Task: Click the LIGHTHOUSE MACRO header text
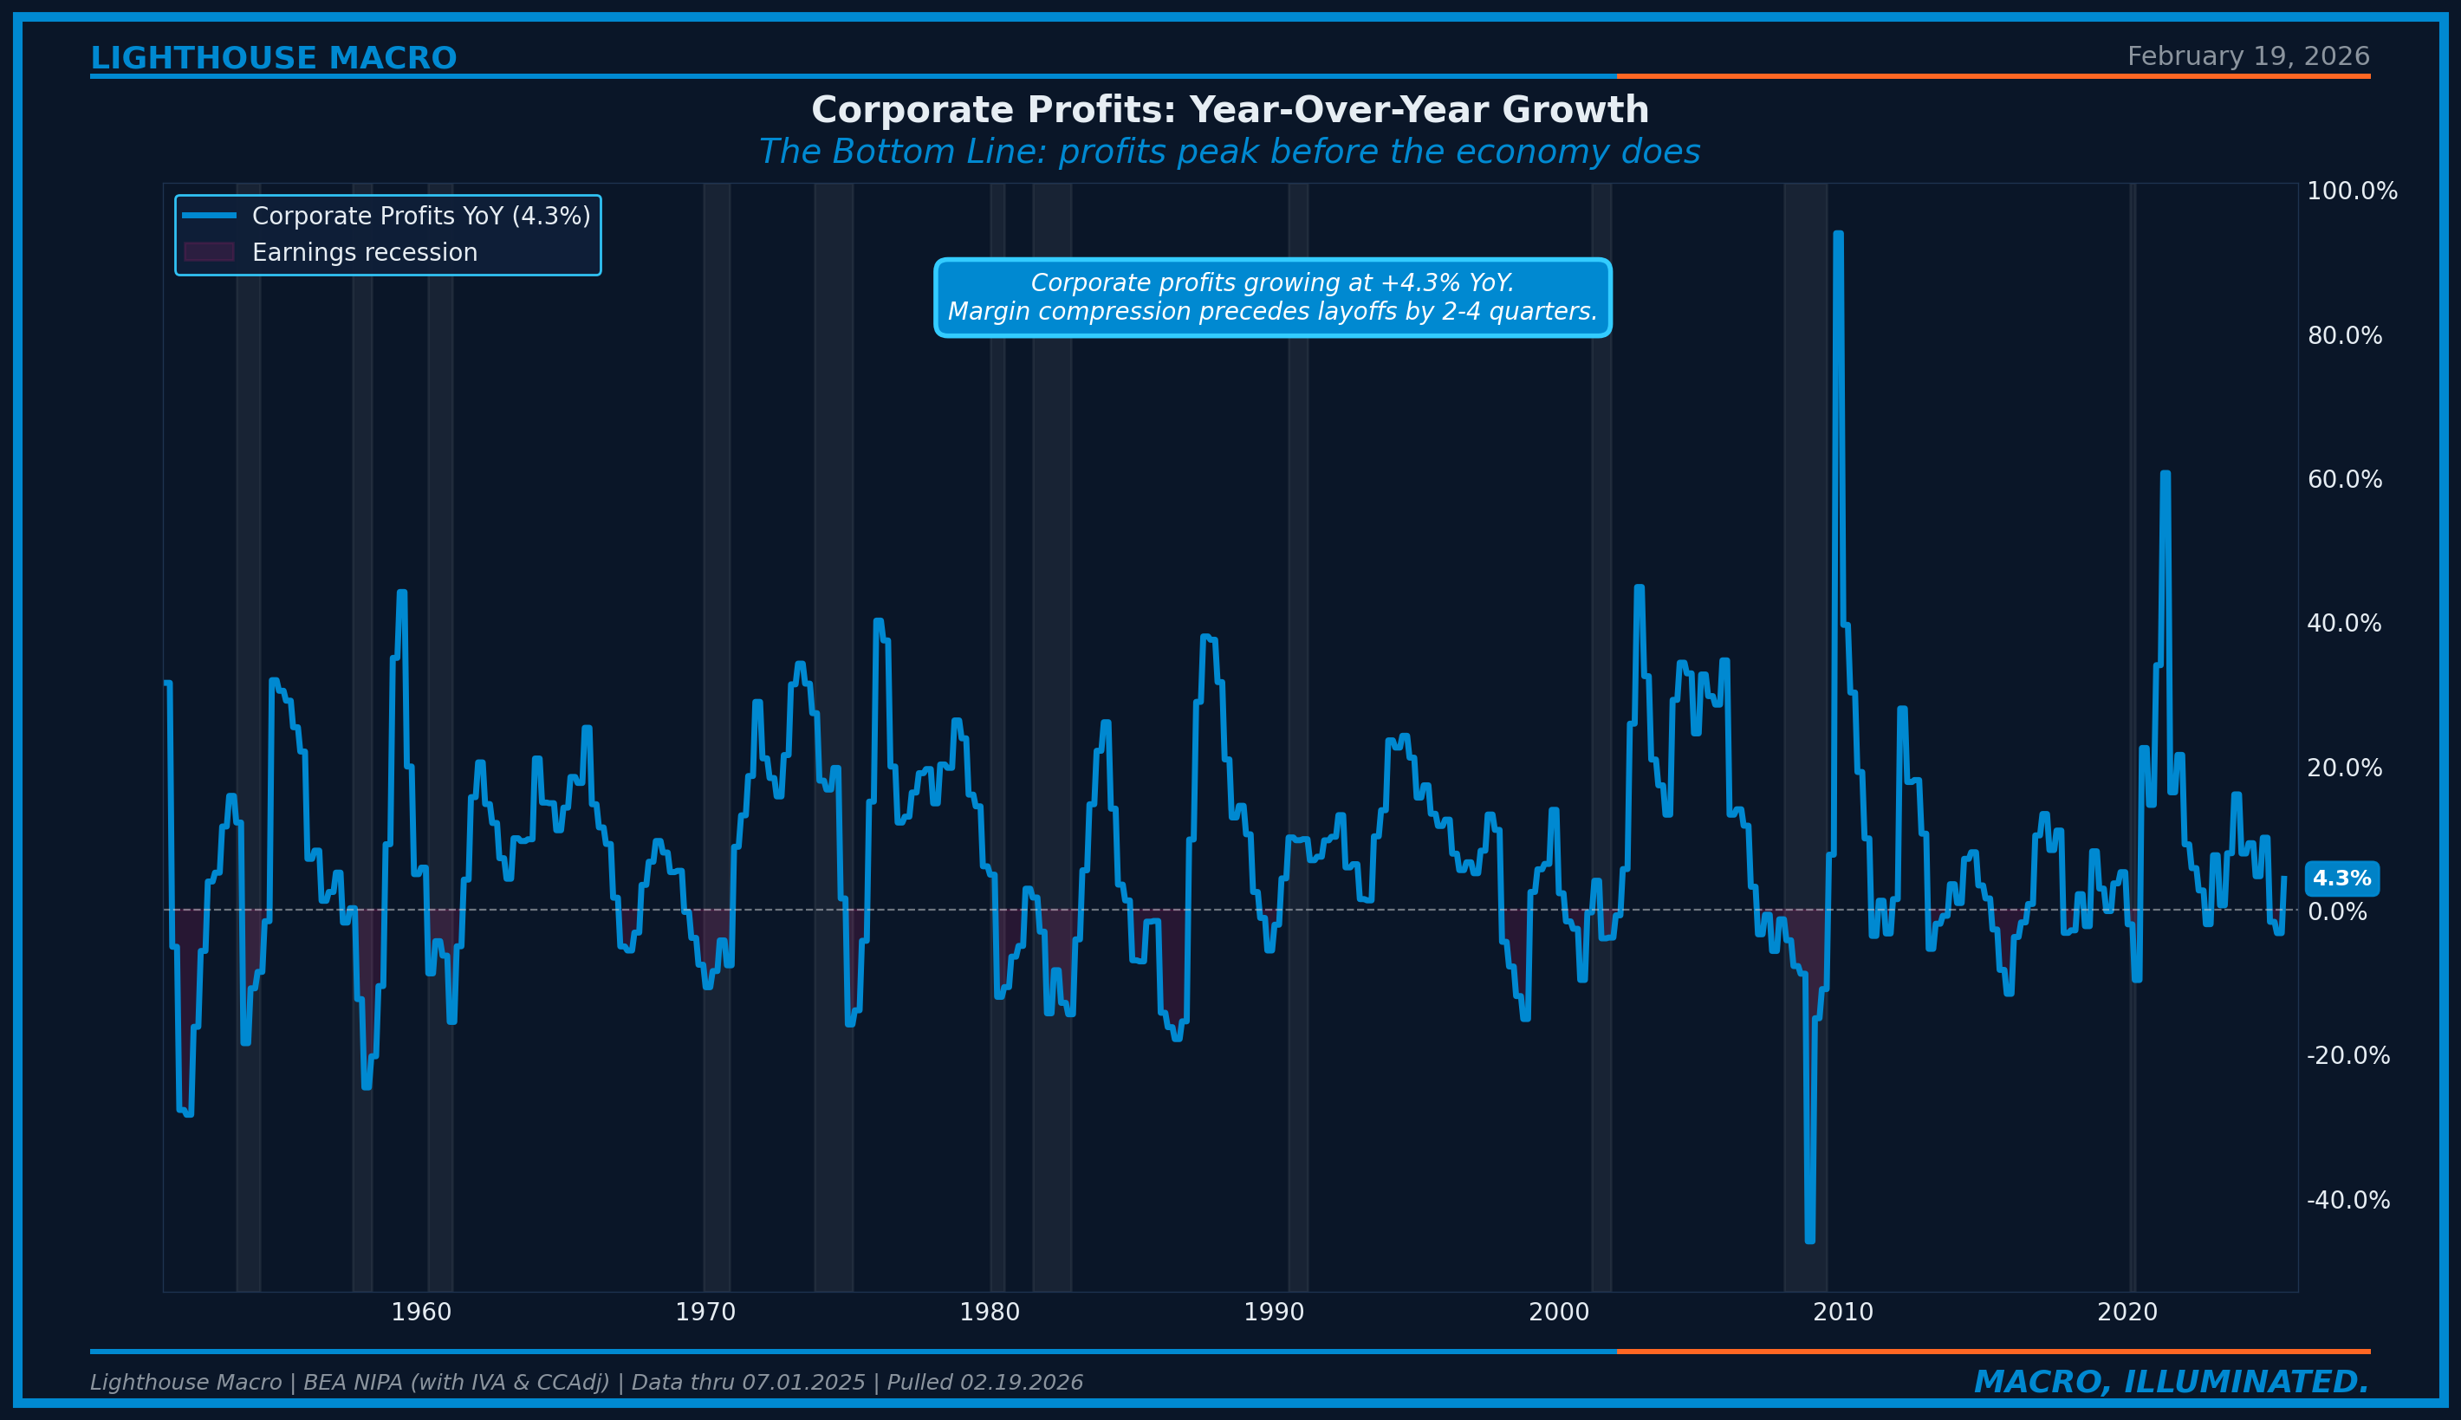[x=273, y=59]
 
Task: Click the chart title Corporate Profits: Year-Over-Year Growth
[x=1230, y=110]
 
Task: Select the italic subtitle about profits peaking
[x=1229, y=152]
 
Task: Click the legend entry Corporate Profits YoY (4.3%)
[x=420, y=216]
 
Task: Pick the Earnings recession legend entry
[x=364, y=253]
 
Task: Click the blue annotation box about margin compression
[x=1272, y=297]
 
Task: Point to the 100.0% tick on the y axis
[x=2351, y=191]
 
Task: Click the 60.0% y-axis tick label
[x=2344, y=480]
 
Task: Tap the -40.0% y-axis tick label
[x=2347, y=1201]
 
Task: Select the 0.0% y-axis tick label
[x=2336, y=912]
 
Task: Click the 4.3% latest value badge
[x=2341, y=879]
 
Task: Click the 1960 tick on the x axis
[x=421, y=1313]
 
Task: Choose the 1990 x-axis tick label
[x=1274, y=1313]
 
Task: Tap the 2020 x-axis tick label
[x=2127, y=1313]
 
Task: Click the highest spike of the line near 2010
[x=1838, y=235]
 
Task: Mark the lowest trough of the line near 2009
[x=1809, y=1240]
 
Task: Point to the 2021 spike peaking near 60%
[x=2165, y=475]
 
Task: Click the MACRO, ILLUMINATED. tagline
[x=2172, y=1382]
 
